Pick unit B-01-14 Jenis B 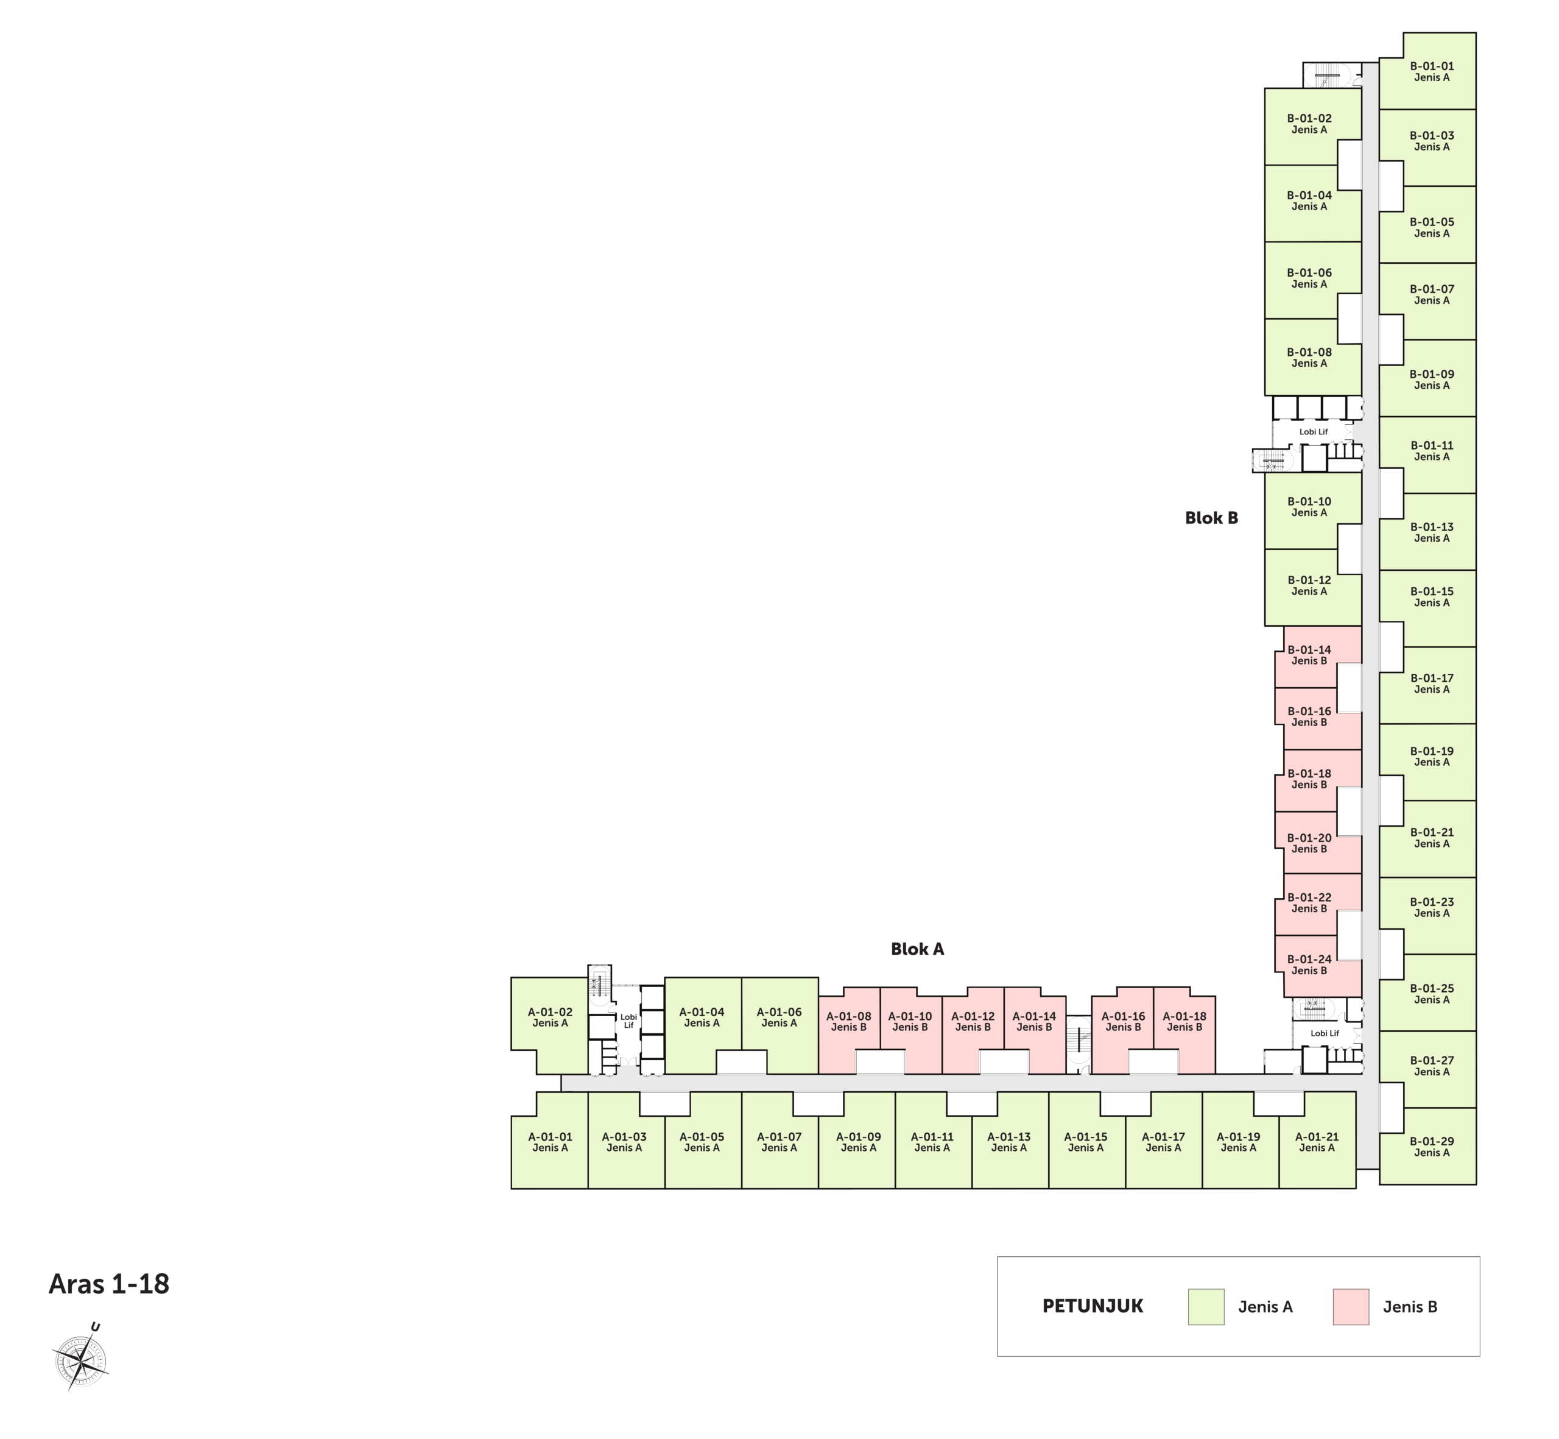pyautogui.click(x=1310, y=655)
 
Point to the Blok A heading pyautogui.click(x=917, y=949)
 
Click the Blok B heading pyautogui.click(x=1211, y=518)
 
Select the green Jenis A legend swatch pyautogui.click(x=1206, y=1307)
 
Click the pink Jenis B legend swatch pyautogui.click(x=1350, y=1307)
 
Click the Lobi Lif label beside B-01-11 pyautogui.click(x=1314, y=431)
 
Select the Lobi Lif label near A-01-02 pyautogui.click(x=628, y=1021)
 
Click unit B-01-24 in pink pyautogui.click(x=1310, y=965)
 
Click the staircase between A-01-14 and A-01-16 pyautogui.click(x=1079, y=1044)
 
